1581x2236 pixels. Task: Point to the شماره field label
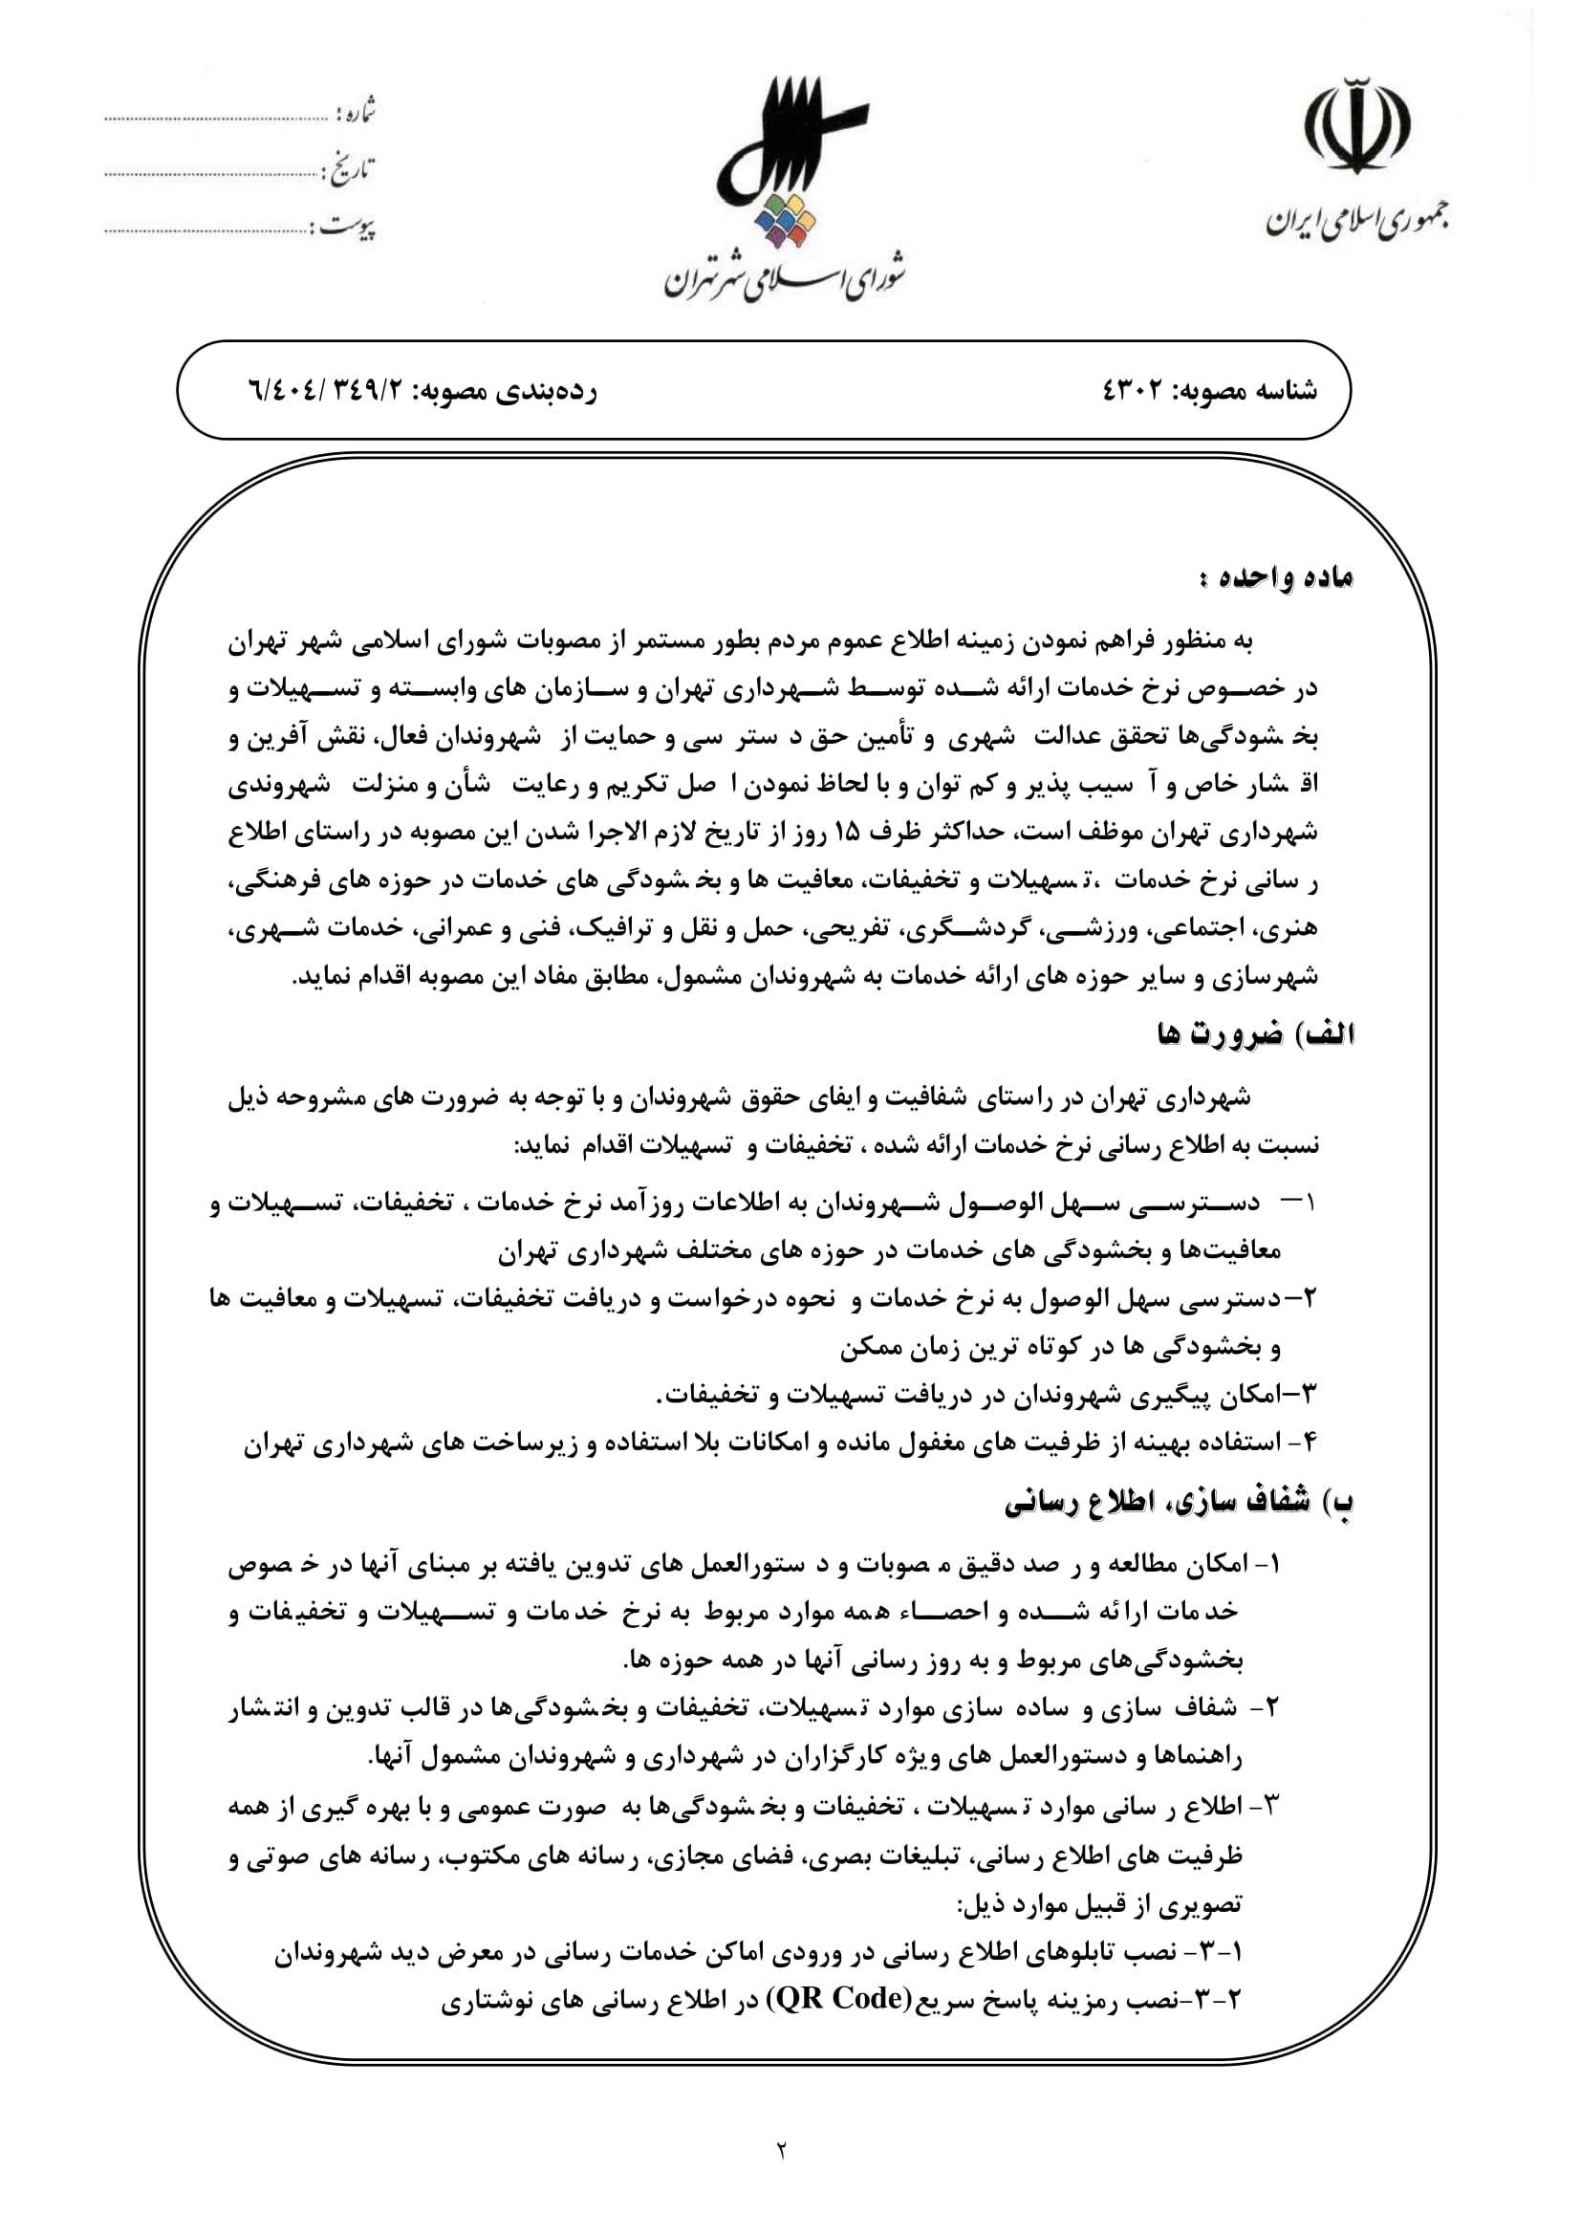(356, 113)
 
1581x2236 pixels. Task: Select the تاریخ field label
(349, 170)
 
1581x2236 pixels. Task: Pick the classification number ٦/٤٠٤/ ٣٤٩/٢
(330, 391)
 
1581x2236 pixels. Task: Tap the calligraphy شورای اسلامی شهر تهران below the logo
(785, 276)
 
